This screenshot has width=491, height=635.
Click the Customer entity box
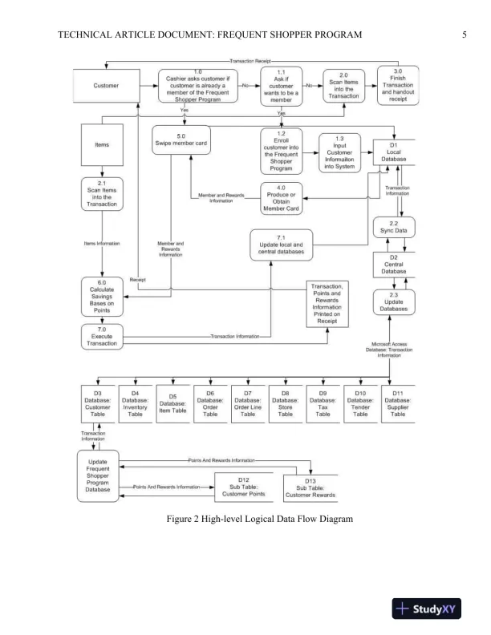(106, 85)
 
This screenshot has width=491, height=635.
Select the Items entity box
(102, 145)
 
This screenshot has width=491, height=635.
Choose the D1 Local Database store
(394, 153)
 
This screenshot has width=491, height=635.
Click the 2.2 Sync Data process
(394, 229)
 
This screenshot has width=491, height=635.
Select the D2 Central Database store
(394, 265)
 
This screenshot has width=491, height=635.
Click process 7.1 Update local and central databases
(281, 245)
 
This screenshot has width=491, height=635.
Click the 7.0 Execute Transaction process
(102, 336)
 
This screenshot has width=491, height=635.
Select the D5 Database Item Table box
(172, 402)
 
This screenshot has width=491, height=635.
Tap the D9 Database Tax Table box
(323, 402)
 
